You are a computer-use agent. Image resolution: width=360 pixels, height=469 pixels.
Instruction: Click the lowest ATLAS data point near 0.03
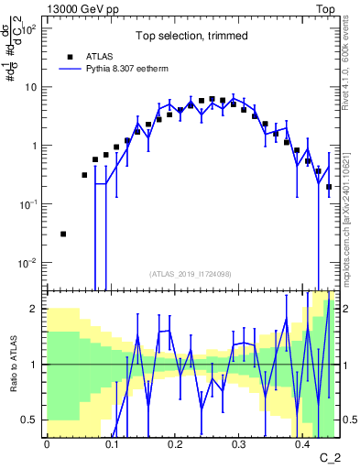(x=63, y=234)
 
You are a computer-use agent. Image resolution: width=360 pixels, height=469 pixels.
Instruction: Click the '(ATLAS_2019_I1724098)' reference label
(x=189, y=273)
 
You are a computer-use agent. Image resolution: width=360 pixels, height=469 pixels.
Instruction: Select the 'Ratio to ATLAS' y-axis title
(x=13, y=365)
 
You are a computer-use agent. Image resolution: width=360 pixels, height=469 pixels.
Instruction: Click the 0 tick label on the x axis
(x=47, y=446)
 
